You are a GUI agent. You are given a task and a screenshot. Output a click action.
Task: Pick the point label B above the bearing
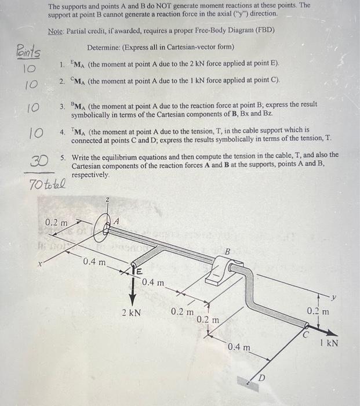pyautogui.click(x=228, y=252)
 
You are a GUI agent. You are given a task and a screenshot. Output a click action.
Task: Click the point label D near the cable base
pyautogui.click(x=261, y=378)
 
